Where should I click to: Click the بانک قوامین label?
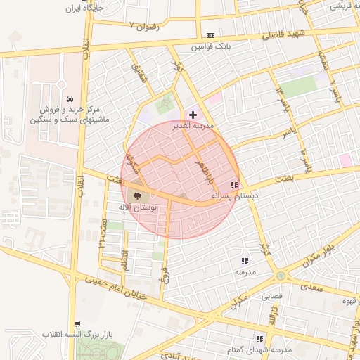pos(212,48)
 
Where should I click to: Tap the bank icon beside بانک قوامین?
pos(210,35)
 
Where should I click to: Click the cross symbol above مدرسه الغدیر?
pos(193,114)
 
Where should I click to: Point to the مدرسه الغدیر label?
pos(193,126)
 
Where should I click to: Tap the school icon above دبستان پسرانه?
pos(234,185)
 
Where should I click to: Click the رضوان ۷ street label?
pos(144,26)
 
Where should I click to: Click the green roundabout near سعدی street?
pos(281,274)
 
